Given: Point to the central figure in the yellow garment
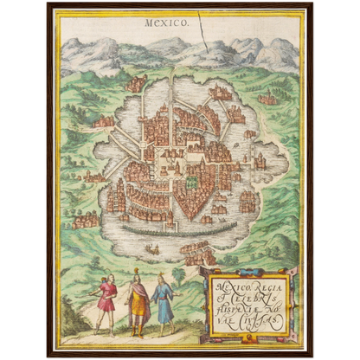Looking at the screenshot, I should (137, 303).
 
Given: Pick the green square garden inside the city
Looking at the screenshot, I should (191, 183).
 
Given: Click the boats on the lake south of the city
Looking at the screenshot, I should (153, 250).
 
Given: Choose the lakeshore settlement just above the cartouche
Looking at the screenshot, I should (201, 254).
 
